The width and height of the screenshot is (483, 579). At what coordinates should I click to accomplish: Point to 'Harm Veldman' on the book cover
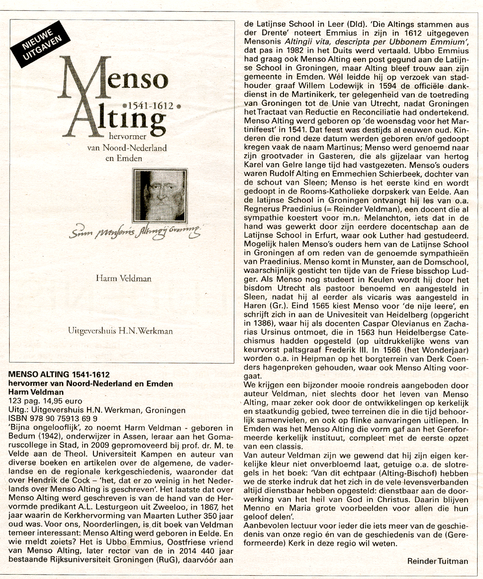(123, 278)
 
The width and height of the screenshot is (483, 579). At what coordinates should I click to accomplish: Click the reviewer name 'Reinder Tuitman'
(437, 561)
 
